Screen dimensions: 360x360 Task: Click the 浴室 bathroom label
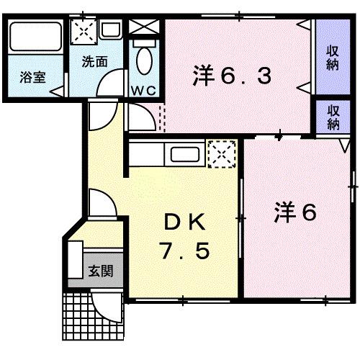(31, 77)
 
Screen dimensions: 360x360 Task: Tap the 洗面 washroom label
(94, 62)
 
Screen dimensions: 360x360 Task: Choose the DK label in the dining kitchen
(184, 222)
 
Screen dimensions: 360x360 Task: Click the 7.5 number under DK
(184, 251)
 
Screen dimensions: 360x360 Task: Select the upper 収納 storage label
(332, 58)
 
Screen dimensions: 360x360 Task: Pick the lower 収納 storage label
(332, 117)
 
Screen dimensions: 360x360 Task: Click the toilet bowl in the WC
(145, 61)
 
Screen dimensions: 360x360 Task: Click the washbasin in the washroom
(110, 30)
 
